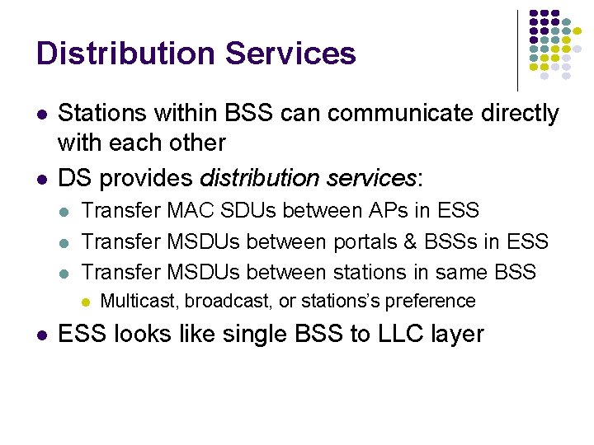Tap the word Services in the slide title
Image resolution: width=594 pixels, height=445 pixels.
click(x=290, y=54)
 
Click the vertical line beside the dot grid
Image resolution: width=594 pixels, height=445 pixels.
click(x=517, y=49)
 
